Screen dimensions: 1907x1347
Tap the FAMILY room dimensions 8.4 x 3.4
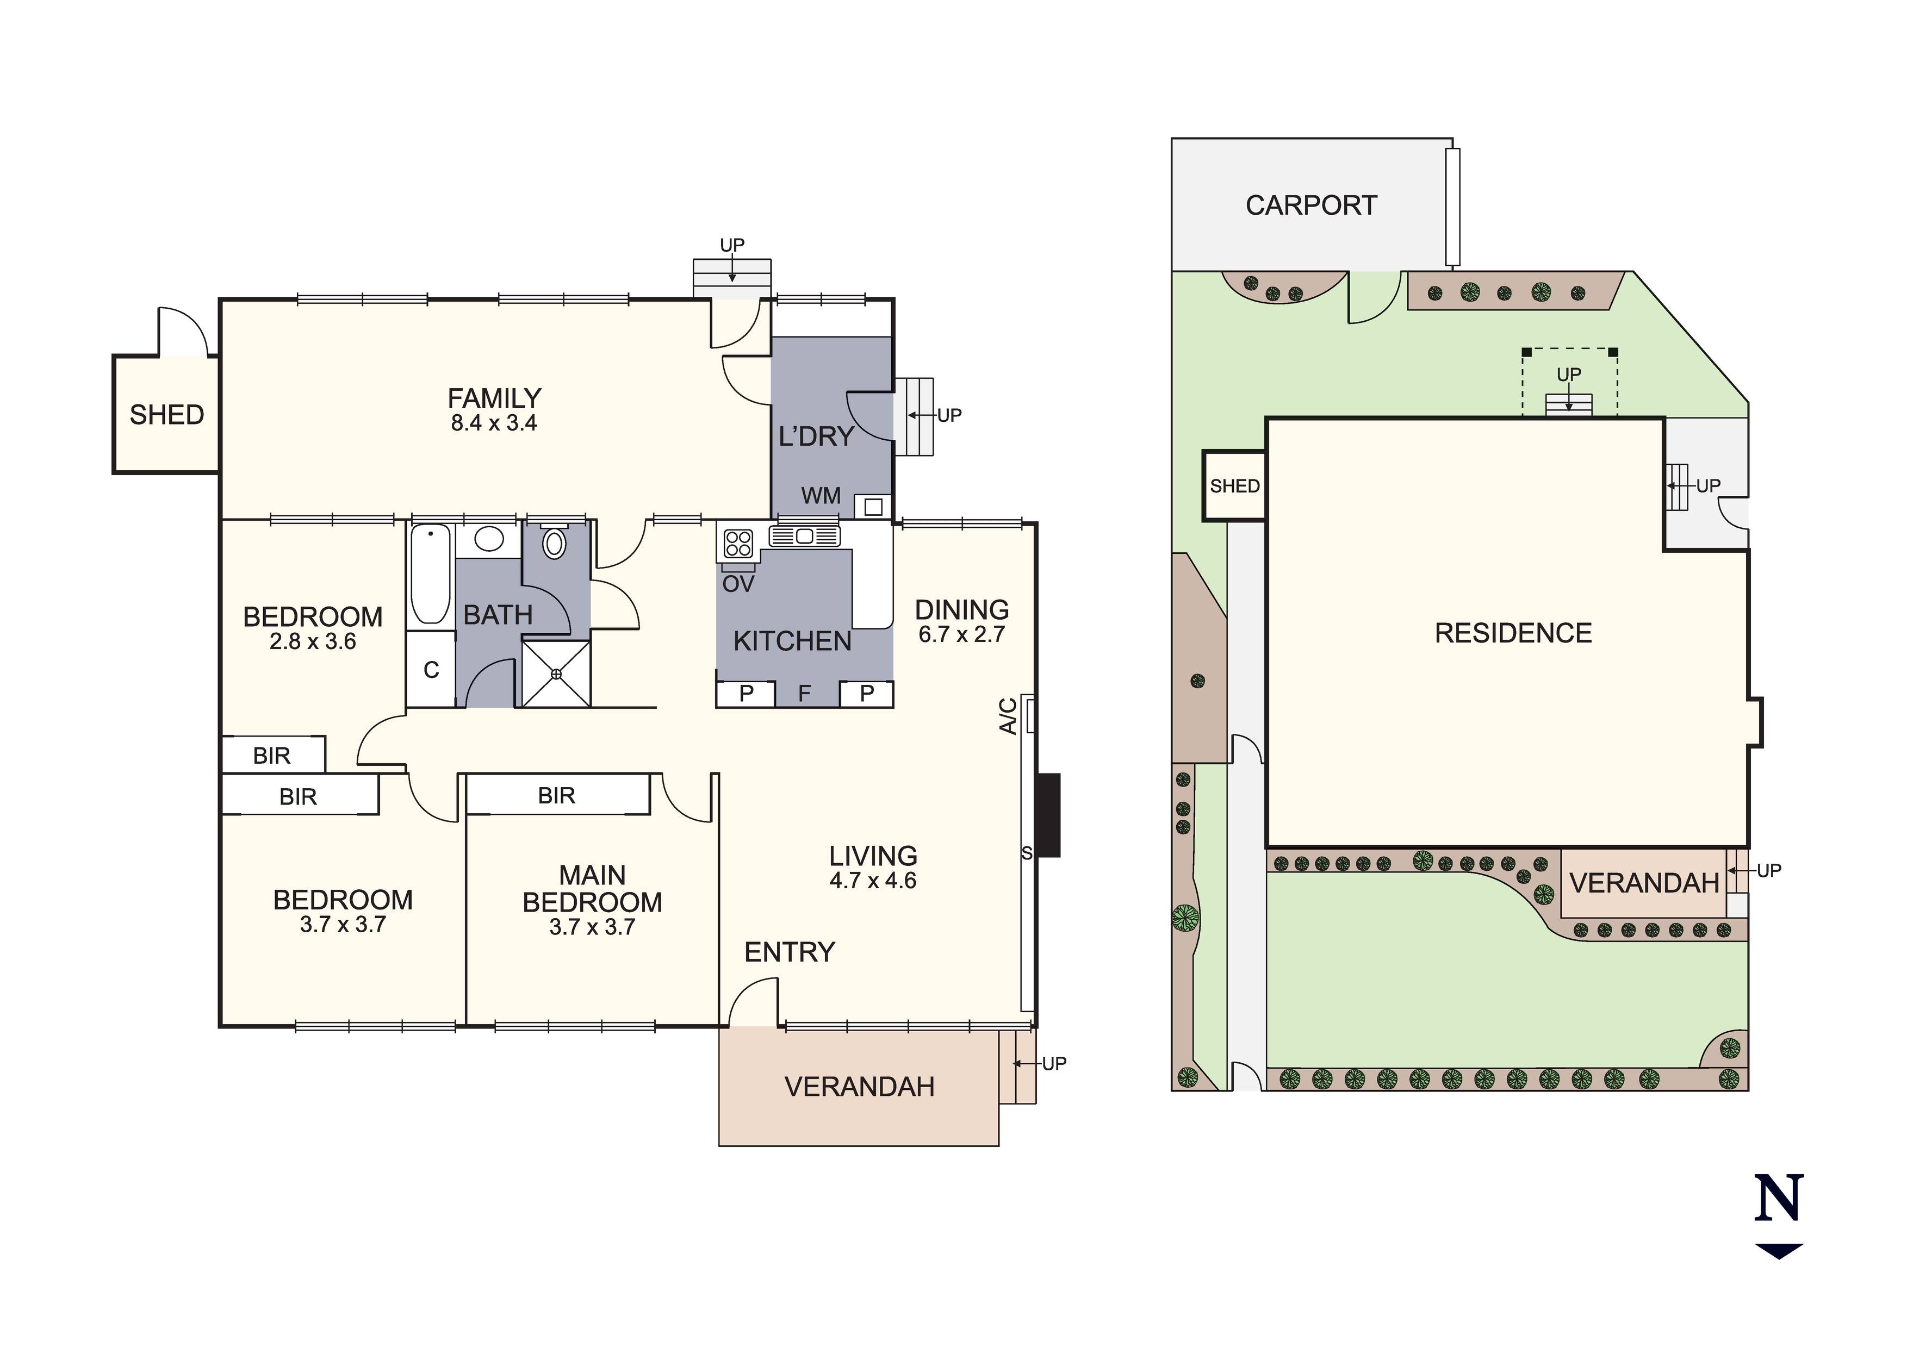(x=494, y=423)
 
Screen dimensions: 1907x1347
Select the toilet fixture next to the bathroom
(x=554, y=543)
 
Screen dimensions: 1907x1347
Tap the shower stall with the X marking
(x=556, y=673)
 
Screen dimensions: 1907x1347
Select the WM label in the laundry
(x=821, y=497)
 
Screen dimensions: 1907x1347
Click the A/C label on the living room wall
(x=1008, y=716)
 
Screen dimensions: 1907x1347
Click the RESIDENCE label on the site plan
(x=1513, y=634)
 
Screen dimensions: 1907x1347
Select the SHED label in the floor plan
(x=167, y=415)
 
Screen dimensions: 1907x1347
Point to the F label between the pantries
(x=804, y=694)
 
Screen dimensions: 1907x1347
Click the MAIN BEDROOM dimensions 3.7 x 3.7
(x=592, y=927)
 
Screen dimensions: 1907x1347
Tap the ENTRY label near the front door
(x=789, y=952)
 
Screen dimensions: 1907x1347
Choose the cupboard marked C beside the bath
(x=431, y=669)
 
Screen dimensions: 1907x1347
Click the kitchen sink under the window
(x=804, y=535)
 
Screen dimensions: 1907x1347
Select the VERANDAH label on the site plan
(x=1644, y=884)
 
